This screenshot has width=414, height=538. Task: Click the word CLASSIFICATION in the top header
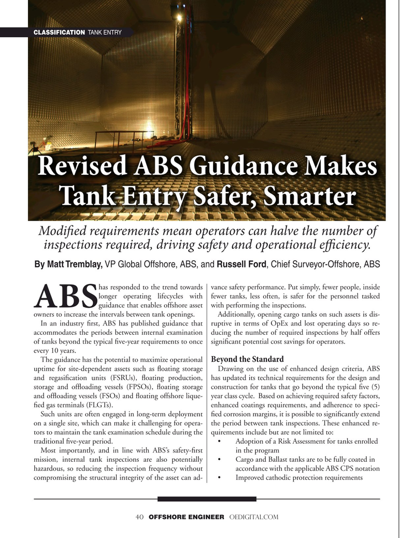click(x=59, y=33)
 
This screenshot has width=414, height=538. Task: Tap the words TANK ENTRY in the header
click(x=105, y=33)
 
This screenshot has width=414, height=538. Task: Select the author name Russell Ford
click(x=241, y=264)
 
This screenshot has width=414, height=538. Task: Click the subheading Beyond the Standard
click(x=248, y=359)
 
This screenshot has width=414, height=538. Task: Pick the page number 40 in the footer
click(x=139, y=517)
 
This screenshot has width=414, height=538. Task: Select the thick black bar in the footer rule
click(x=207, y=499)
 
